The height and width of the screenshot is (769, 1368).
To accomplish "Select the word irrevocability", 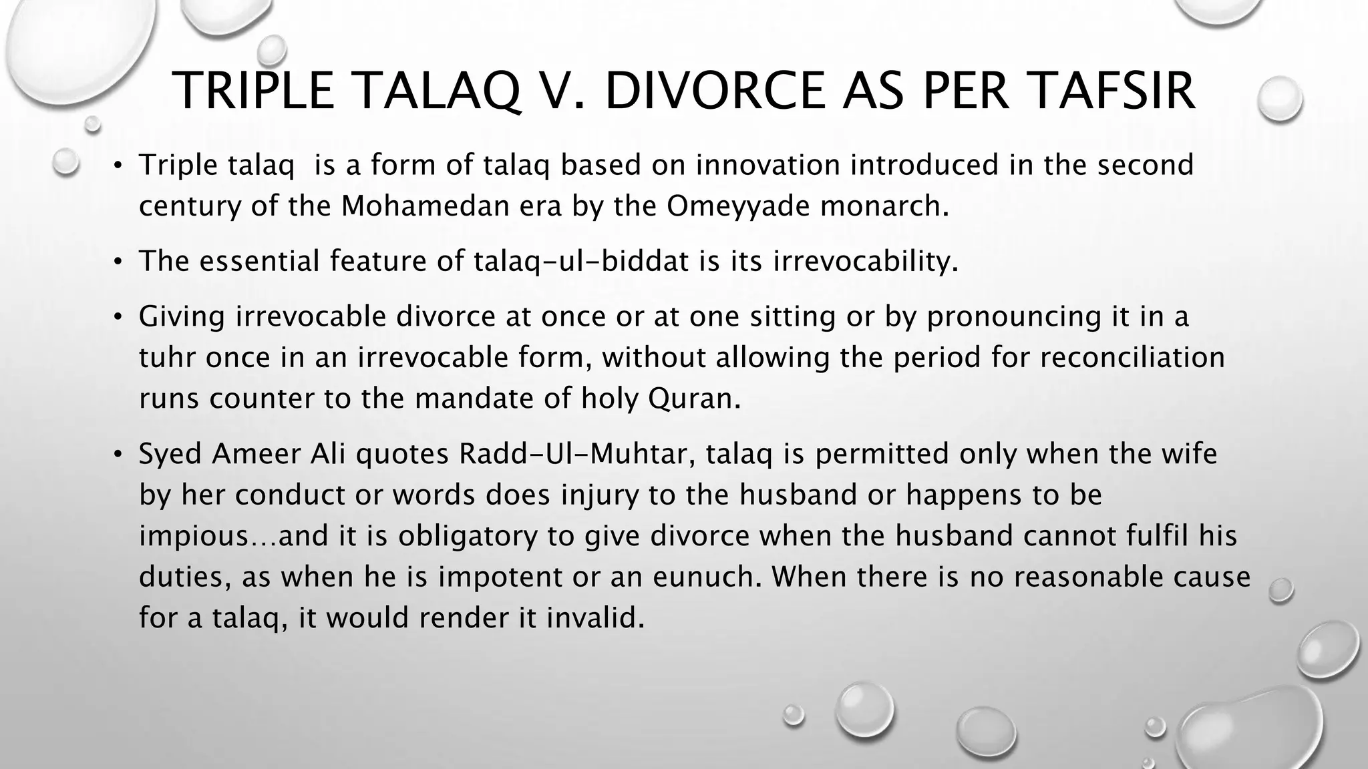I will click(x=865, y=261).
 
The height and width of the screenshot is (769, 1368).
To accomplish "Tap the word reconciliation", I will click(x=1132, y=357).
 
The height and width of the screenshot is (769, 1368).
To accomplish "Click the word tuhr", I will click(x=167, y=357).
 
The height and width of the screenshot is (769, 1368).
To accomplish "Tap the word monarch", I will click(x=884, y=206).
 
